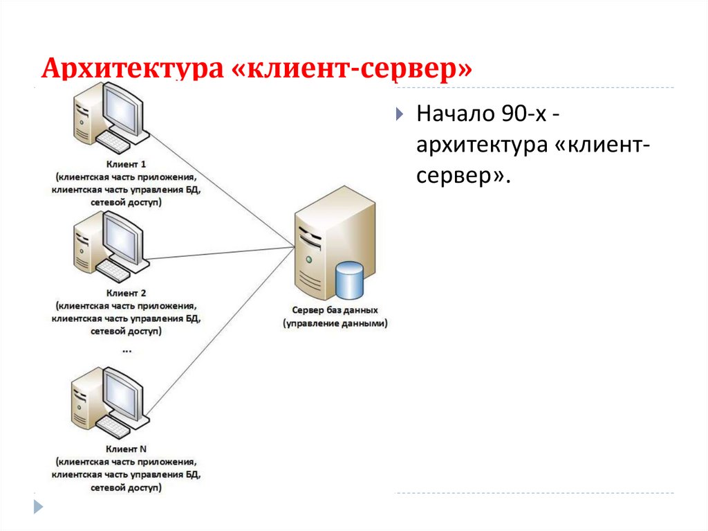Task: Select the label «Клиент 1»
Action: tap(126, 165)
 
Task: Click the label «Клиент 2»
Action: tap(126, 293)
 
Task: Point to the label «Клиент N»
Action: tap(126, 449)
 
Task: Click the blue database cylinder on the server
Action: tap(348, 281)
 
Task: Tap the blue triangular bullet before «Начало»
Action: tap(399, 115)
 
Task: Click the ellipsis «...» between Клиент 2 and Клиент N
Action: tap(127, 350)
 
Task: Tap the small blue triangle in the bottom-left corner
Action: tap(39, 507)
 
